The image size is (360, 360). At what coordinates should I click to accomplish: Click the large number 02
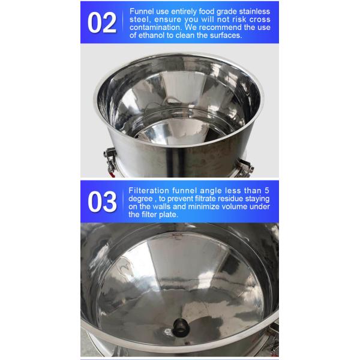pos(102,23)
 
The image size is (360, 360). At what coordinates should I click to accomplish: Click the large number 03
pos(102,202)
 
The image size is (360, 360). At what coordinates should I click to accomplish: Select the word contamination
pos(156,28)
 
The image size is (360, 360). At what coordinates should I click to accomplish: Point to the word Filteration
pos(149,191)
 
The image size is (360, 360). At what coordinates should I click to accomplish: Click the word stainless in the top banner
pos(254,11)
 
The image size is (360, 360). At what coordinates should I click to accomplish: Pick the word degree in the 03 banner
pos(140,199)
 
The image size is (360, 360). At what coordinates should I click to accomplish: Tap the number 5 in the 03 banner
pos(267,191)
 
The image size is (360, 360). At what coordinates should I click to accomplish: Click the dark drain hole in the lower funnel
pos(181,327)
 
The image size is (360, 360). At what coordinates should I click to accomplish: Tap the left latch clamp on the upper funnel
pos(110,160)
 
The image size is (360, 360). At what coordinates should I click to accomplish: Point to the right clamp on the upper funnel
pos(244,167)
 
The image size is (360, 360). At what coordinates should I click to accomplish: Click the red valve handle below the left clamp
pos(112,175)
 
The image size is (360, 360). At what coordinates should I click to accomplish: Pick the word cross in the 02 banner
pos(260,20)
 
